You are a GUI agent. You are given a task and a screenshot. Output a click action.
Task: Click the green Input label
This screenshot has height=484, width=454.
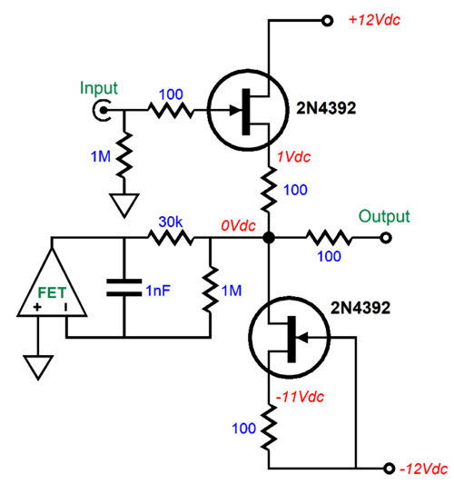click(x=99, y=88)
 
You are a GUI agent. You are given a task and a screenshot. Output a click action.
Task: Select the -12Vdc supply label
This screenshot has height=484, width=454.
click(x=423, y=469)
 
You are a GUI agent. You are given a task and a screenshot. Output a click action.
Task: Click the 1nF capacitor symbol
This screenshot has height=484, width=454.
click(x=123, y=288)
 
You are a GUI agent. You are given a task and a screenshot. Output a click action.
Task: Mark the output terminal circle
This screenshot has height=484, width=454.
click(x=385, y=240)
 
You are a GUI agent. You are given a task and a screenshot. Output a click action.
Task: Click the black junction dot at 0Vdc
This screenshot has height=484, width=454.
click(x=269, y=240)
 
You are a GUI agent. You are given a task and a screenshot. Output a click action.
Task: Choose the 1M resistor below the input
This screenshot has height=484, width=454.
click(x=124, y=155)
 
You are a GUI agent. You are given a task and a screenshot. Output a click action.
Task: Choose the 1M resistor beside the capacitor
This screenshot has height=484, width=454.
click(x=211, y=288)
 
